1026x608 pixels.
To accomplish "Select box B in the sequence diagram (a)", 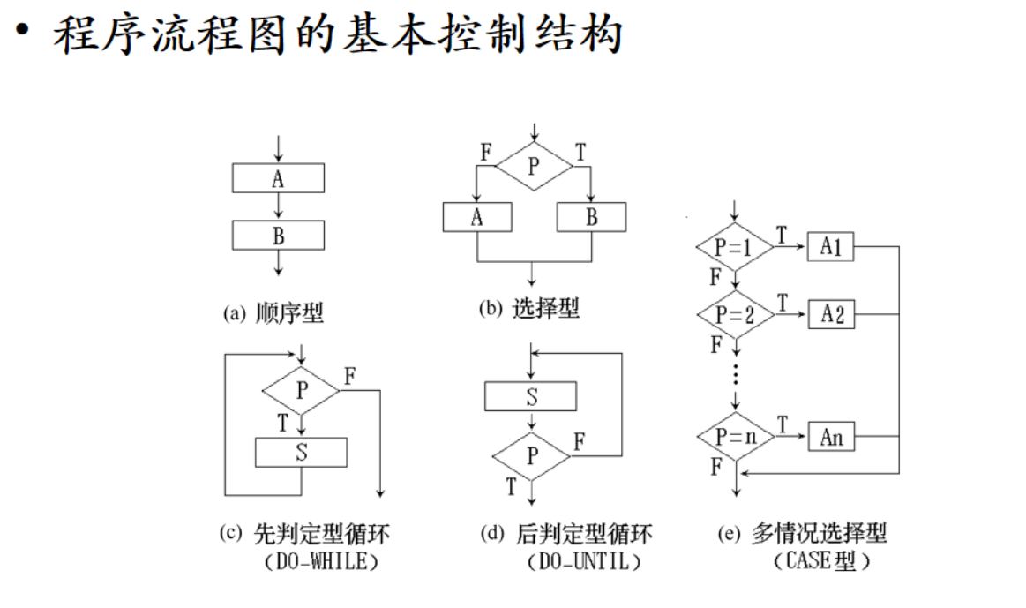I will coord(278,235).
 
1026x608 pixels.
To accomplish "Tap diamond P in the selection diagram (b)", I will coord(533,166).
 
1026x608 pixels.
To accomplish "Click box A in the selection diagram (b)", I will coord(477,217).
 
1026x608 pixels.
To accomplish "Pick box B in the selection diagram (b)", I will coord(591,217).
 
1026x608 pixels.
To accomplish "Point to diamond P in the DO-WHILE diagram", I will coord(302,389).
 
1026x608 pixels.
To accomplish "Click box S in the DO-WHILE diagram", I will coord(301,453).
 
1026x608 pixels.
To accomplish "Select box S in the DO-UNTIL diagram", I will coord(531,397).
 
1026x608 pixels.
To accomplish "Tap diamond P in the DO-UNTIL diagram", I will coord(531,456).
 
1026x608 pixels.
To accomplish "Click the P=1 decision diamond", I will coord(734,248).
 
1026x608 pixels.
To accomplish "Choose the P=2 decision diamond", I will coord(734,313).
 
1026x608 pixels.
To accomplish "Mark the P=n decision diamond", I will coord(734,436).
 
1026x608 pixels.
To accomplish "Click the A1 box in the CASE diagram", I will coord(831,248).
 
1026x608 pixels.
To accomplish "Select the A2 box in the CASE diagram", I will coord(831,313).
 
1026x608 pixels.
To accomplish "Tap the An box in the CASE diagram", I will coord(831,436).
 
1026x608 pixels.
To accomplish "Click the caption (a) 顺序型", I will coord(274,312).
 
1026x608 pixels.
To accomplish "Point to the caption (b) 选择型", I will coord(529,309).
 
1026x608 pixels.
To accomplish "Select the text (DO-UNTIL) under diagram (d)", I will coord(583,560).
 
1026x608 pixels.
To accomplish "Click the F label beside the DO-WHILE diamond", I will coord(350,375).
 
